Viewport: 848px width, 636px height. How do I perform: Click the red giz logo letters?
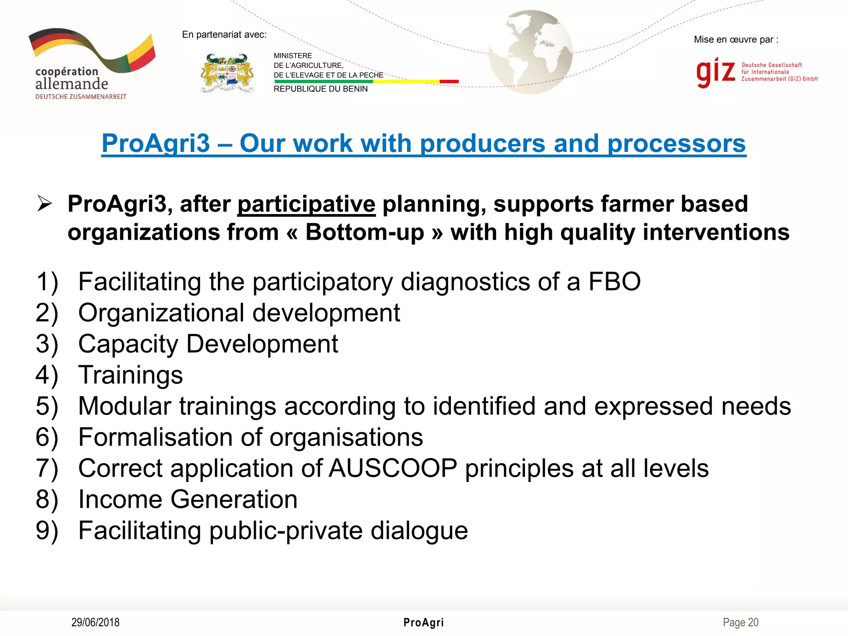click(x=715, y=72)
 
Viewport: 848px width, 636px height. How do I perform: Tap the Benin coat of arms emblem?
click(x=227, y=73)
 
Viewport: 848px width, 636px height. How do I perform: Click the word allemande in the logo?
click(x=72, y=84)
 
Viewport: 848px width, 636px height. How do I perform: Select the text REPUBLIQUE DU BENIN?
click(x=320, y=89)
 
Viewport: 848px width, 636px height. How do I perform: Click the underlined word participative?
click(x=306, y=205)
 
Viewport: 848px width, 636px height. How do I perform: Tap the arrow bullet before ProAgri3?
click(x=44, y=204)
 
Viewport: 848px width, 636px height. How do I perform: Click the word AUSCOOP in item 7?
click(x=393, y=469)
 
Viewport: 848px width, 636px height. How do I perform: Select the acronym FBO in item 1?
click(x=614, y=282)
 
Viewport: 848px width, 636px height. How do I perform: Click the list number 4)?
click(x=47, y=376)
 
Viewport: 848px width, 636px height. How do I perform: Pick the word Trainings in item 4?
click(x=130, y=376)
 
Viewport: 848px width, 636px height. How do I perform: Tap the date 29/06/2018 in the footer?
click(x=95, y=622)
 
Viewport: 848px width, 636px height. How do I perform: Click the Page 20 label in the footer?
click(x=740, y=622)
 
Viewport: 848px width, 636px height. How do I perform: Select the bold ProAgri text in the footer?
click(x=424, y=622)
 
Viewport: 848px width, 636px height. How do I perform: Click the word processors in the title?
click(x=676, y=144)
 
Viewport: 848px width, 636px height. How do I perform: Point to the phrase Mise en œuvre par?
click(x=735, y=40)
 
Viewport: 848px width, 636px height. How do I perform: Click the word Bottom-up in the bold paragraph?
click(x=365, y=232)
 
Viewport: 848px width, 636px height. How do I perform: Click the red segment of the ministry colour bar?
click(x=449, y=82)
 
